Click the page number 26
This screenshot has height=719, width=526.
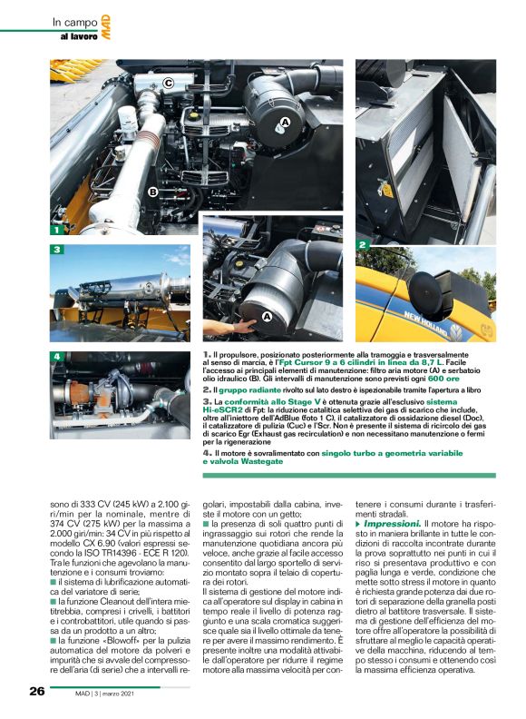tap(36, 691)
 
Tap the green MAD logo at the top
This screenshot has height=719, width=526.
tap(105, 32)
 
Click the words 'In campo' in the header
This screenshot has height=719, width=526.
tap(73, 21)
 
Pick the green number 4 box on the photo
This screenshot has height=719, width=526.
tap(56, 355)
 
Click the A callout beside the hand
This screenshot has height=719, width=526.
tap(267, 316)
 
